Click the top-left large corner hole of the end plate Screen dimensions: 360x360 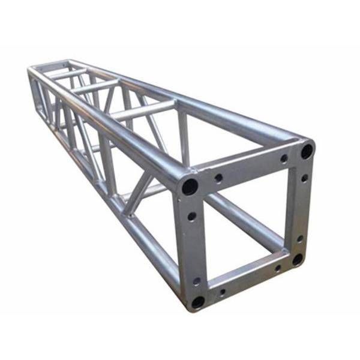tap(190, 187)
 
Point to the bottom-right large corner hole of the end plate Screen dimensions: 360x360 tap(298, 260)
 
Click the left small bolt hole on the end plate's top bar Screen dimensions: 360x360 tap(219, 178)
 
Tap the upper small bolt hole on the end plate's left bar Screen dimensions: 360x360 tap(191, 216)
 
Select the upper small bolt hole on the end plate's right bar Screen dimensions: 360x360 tap(304, 178)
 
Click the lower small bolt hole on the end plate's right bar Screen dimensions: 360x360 tap(300, 238)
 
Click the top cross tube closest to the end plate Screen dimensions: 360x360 tap(144, 111)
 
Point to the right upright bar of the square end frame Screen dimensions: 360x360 tap(302, 207)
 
